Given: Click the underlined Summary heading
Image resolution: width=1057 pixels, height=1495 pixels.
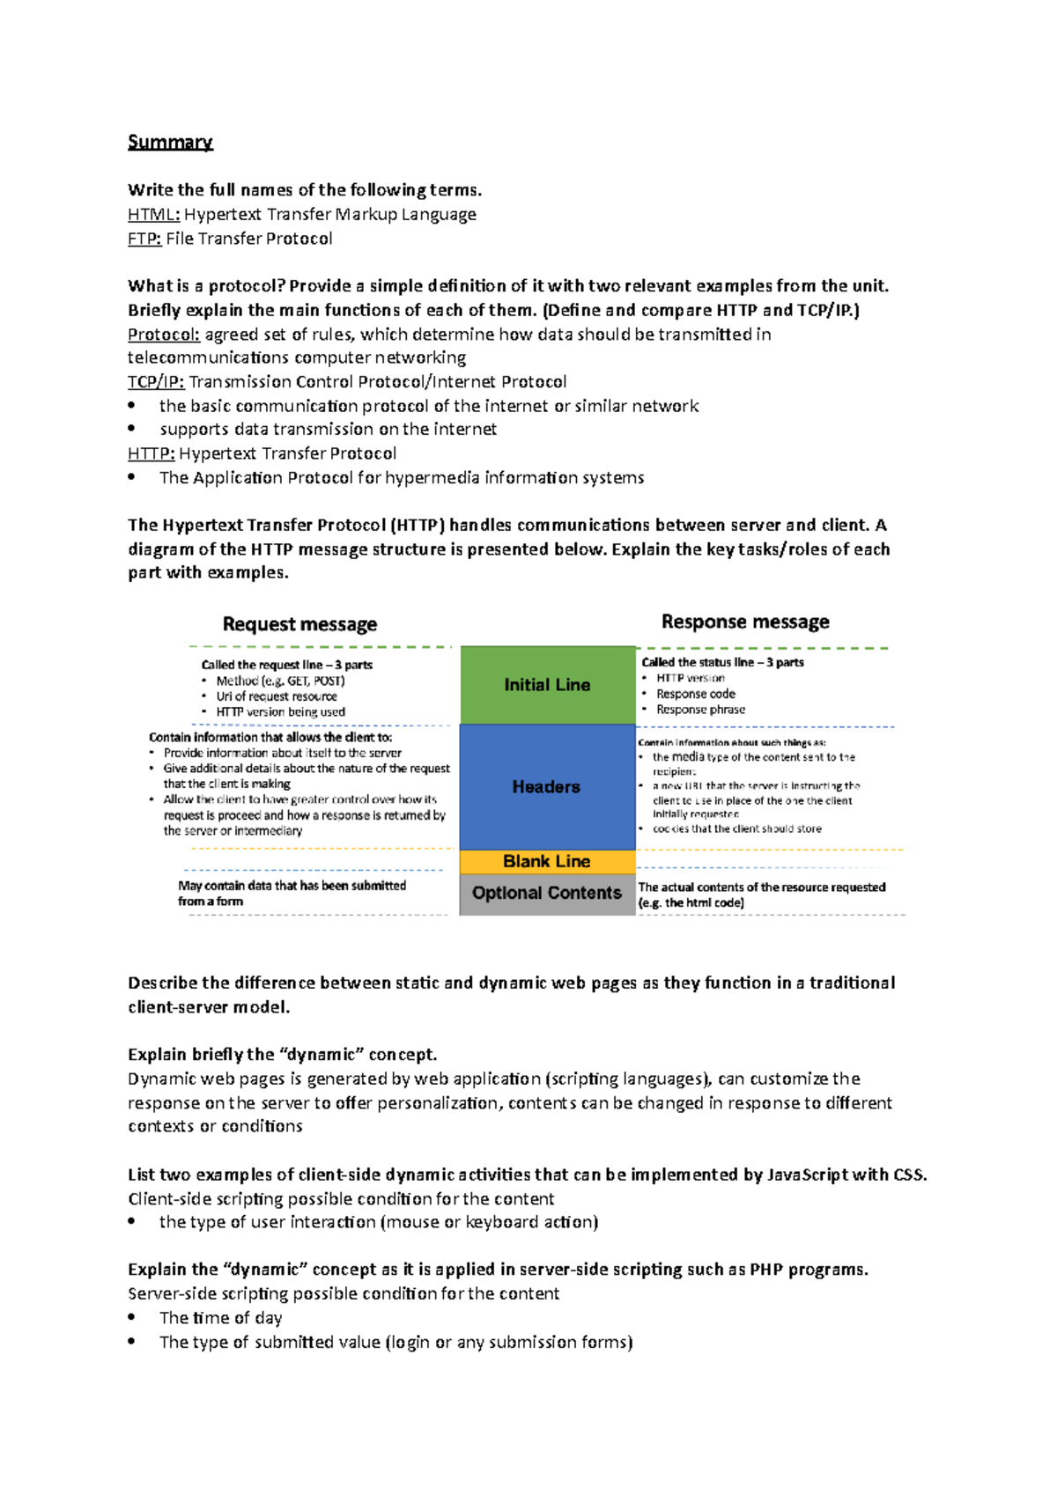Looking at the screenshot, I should point(170,143).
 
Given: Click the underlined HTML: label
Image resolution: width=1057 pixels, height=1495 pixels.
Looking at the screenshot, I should point(154,214).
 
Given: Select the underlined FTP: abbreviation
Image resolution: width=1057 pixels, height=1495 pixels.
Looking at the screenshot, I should point(144,239).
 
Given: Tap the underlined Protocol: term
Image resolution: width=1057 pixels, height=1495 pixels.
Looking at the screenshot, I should point(164,335).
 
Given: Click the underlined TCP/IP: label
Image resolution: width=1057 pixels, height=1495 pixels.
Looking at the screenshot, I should point(156,382).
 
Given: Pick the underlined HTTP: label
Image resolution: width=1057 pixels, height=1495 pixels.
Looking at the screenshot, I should point(152,453).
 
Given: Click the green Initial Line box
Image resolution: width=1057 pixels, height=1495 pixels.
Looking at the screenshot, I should point(547,685).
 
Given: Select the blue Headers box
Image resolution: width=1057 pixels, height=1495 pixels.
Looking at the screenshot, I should point(546,787).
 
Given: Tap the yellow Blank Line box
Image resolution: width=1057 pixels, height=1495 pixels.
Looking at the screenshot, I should point(546,862).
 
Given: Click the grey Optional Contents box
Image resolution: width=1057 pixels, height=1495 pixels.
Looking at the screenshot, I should point(546,893).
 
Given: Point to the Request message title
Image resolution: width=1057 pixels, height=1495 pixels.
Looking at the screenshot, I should point(299,624).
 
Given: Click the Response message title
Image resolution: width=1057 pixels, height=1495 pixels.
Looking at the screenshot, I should point(745,622).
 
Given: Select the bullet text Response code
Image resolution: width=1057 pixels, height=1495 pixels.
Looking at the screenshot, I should point(695,694).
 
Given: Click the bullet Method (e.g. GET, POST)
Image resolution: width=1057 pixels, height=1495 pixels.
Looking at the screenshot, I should point(280,681).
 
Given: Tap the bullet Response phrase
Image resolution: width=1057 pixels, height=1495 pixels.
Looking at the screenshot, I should point(700,710).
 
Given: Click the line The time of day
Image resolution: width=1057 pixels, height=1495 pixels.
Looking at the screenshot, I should point(220,1318).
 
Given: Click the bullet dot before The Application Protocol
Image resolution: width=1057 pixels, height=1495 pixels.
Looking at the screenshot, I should point(132,477).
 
